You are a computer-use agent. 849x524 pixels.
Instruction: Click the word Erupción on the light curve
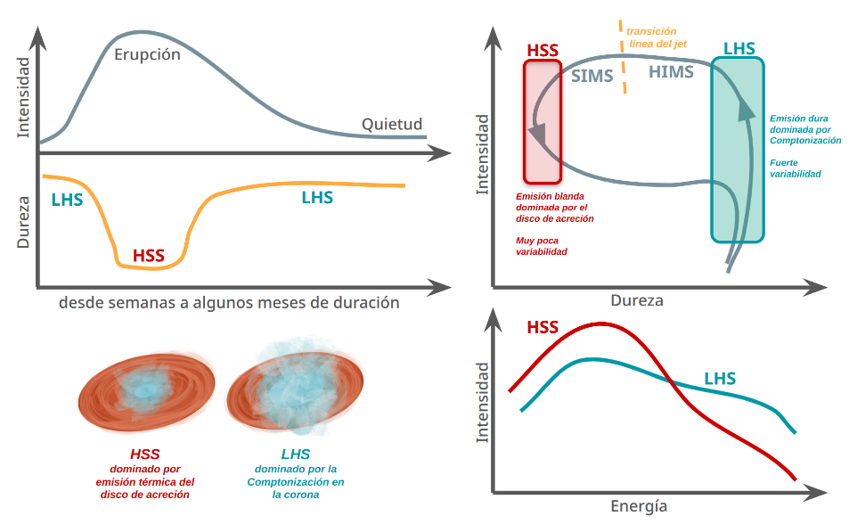147,54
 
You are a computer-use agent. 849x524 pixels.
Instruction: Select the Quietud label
391,124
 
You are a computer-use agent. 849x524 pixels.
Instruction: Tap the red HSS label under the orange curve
149,256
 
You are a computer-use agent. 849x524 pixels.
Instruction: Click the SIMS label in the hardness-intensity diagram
592,76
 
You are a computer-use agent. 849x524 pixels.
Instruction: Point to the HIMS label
671,72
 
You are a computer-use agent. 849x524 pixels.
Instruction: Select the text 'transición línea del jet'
658,37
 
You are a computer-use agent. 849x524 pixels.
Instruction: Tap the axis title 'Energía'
639,506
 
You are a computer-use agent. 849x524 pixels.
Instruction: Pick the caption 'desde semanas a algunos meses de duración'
229,302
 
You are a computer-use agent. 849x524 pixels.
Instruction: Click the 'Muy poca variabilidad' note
542,246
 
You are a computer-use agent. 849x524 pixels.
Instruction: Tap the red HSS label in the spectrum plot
543,328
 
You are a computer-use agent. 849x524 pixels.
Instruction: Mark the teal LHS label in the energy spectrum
720,379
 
